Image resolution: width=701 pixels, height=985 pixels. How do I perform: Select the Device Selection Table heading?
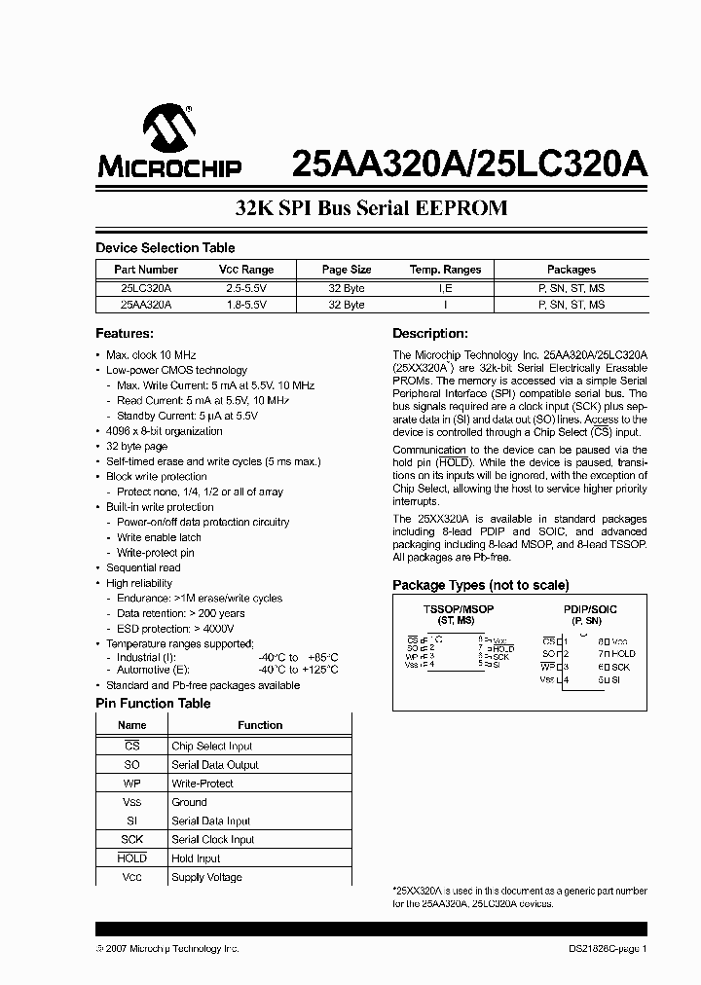[165, 248]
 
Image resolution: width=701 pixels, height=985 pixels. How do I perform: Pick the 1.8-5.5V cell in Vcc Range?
[245, 305]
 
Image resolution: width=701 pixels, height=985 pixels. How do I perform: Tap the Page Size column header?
[347, 270]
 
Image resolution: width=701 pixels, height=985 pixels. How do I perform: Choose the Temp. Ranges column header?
[445, 270]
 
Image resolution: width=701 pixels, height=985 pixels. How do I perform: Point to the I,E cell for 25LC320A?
[445, 287]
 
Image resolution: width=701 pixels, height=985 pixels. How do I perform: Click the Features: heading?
[125, 334]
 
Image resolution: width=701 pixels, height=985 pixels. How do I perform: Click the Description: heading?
[430, 334]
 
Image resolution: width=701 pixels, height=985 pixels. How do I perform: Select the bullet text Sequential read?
[143, 567]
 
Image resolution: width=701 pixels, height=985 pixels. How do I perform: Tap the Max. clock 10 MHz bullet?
[151, 355]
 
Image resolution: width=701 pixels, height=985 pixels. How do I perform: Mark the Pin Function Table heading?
[153, 703]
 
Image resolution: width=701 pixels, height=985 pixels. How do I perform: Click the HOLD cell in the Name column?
[132, 858]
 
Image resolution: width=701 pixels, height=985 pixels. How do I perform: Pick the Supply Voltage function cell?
[207, 878]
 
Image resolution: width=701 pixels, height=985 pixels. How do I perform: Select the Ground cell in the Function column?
[189, 802]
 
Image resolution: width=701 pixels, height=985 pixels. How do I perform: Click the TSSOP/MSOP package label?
[458, 609]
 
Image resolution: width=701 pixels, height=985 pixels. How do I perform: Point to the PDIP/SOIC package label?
[590, 609]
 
